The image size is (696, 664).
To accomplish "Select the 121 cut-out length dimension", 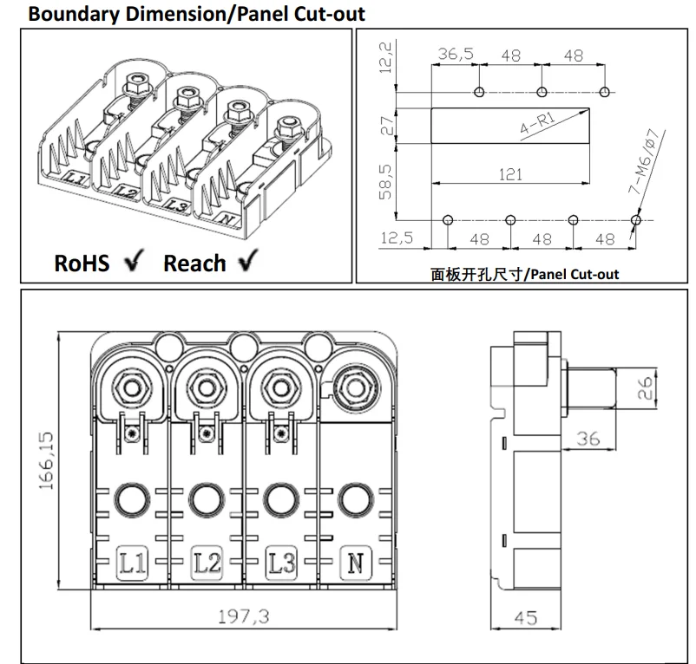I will point(511,174).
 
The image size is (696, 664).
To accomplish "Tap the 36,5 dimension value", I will point(456,54).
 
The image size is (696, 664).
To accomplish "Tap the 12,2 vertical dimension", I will point(384,59).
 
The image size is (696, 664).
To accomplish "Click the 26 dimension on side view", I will point(646,387).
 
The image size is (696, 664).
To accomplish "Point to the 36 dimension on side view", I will point(588,439).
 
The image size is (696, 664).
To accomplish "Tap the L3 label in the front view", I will point(280,564).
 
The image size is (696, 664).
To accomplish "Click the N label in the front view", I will point(354,564).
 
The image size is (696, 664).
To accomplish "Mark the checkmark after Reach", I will point(249,262).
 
